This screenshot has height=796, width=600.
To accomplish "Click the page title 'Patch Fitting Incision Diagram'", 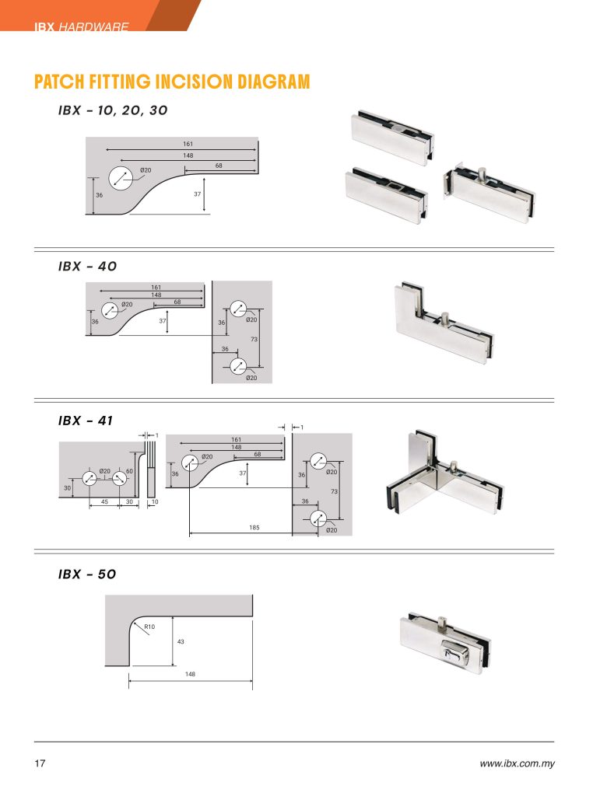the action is coord(172,82).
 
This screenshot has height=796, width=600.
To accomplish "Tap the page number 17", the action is coord(40,763).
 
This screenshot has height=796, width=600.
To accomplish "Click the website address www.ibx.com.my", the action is coord(518,763).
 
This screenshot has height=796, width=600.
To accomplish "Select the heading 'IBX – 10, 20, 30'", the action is coord(113,110).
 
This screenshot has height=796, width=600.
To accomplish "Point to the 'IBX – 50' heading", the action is coord(87,574).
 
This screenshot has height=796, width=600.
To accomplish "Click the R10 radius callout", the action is coord(149,627).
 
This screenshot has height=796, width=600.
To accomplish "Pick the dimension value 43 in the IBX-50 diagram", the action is coord(181,641).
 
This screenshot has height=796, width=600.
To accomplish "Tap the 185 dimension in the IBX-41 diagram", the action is coord(254,528).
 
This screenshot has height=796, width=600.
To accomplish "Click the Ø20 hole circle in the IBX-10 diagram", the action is coord(121,178).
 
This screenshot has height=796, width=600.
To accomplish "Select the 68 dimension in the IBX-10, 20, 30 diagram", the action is coord(219,166).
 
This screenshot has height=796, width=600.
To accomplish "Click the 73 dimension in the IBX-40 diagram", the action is coord(254,339).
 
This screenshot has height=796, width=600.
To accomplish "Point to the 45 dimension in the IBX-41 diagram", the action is coord(104,501).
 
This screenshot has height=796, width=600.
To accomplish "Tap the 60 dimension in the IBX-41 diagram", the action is coord(129,471).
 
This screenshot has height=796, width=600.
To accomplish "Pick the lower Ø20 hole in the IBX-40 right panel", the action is coord(238,365).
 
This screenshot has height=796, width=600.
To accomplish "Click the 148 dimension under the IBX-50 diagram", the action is coord(190,674).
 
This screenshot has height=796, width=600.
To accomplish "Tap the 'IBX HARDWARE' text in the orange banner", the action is coord(81,26).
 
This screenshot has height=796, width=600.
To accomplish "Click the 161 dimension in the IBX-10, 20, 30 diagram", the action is coord(188,144).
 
